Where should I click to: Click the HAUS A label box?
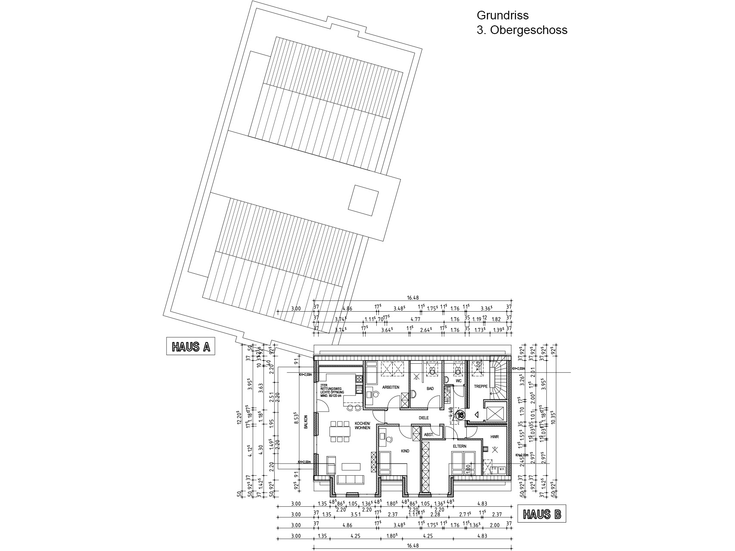pyautogui.click(x=190, y=347)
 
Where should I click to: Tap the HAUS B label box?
pyautogui.click(x=542, y=514)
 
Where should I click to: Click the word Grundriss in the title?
pyautogui.click(x=502, y=15)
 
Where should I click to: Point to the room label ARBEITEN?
pyautogui.click(x=391, y=387)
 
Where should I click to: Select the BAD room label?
pyautogui.click(x=430, y=388)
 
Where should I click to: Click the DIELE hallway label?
pyautogui.click(x=425, y=418)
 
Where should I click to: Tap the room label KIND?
pyautogui.click(x=405, y=451)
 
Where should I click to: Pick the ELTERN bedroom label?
pyautogui.click(x=459, y=446)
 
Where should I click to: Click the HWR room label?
pyautogui.click(x=494, y=437)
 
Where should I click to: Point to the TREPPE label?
pyautogui.click(x=481, y=387)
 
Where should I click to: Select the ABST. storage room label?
pyautogui.click(x=428, y=435)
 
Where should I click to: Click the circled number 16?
pyautogui.click(x=461, y=415)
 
